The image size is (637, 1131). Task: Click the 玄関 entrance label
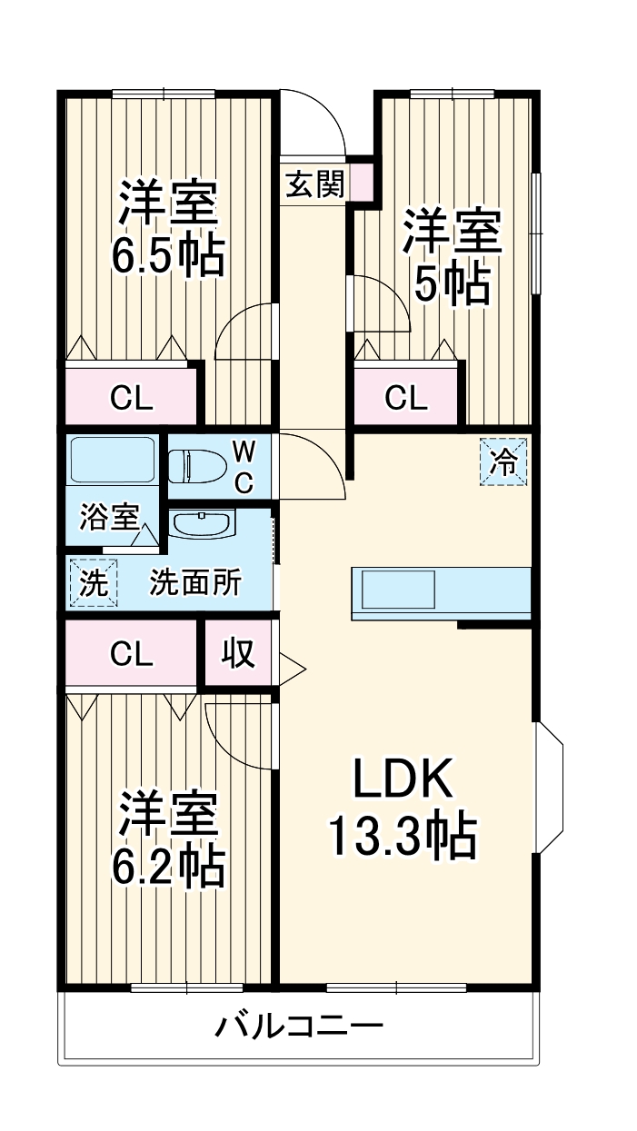pos(314,185)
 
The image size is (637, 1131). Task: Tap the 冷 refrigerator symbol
pos(503,461)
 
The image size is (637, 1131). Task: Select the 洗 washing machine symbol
pos(92,581)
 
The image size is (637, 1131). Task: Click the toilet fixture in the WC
pos(195,465)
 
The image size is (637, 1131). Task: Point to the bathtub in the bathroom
pos(113,462)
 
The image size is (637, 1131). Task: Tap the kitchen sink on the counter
pos(401,591)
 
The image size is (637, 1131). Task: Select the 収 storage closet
pos(238,653)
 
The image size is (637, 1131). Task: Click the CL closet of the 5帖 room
pos(405,398)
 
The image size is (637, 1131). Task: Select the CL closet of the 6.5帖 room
pos(131,398)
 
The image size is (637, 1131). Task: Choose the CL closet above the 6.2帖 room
pos(131,653)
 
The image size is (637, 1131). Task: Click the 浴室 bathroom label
pos(108,518)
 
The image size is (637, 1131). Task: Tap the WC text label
pos(243,466)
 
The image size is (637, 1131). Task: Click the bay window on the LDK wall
pos(550,788)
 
